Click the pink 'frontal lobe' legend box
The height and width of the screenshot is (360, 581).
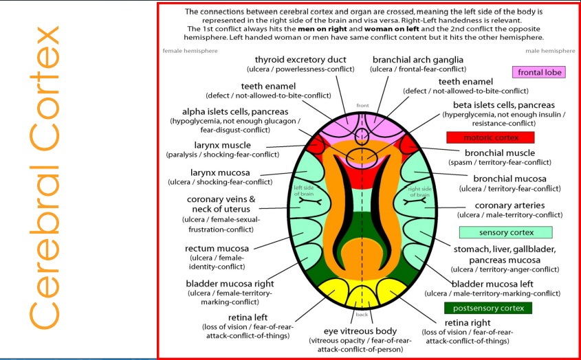click(538, 72)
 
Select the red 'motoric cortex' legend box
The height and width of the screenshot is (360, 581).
click(490, 137)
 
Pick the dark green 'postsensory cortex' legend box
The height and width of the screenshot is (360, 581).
click(489, 308)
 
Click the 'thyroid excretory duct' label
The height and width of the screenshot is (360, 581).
click(300, 60)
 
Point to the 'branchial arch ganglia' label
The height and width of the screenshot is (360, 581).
click(417, 60)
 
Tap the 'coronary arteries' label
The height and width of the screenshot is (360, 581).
click(510, 205)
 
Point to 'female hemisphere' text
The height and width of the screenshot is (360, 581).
click(190, 51)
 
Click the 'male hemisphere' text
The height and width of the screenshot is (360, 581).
click(549, 51)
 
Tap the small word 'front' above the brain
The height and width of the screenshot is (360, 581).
click(363, 105)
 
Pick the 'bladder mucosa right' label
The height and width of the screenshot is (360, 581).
click(230, 284)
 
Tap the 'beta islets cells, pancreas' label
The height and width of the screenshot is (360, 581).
click(504, 104)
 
